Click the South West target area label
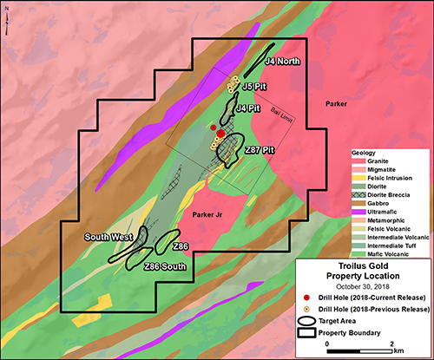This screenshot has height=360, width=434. click(x=108, y=236)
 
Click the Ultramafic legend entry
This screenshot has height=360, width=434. click(x=380, y=210)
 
